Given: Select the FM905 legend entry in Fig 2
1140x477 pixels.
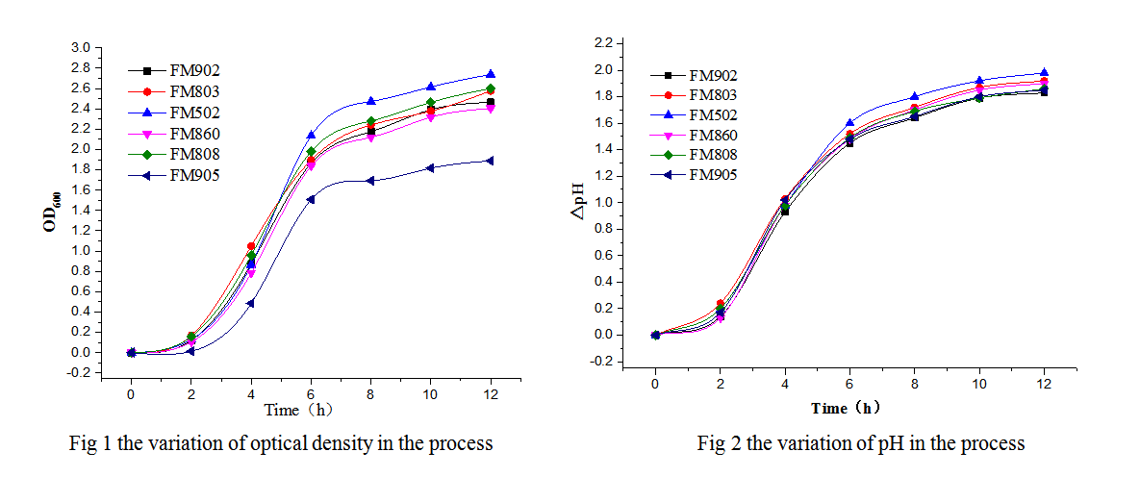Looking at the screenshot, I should (712, 174).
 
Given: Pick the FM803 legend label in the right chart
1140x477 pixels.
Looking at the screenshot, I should (712, 95).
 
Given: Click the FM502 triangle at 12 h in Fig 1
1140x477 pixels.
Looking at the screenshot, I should (491, 74).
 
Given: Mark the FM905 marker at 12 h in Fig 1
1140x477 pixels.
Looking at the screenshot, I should (491, 161).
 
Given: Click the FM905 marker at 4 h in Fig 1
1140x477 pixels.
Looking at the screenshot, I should (250, 303).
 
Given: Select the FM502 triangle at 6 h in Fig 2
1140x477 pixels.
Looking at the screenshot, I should (849, 123).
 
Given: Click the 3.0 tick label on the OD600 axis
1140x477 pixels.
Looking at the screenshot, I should (81, 47).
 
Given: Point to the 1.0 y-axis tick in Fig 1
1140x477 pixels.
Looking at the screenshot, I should (81, 251).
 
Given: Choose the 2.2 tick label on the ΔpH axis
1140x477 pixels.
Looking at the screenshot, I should (601, 44).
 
